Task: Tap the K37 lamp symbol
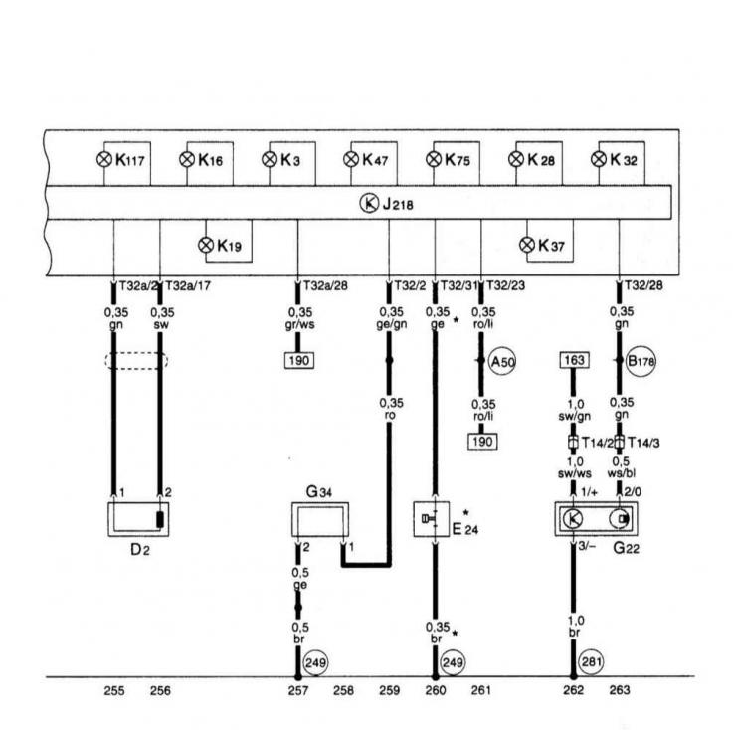click(x=528, y=244)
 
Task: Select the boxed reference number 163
click(x=574, y=360)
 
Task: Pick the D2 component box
click(x=136, y=518)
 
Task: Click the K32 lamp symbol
click(x=598, y=159)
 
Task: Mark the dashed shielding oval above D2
click(x=136, y=361)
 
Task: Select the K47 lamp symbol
click(x=350, y=159)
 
